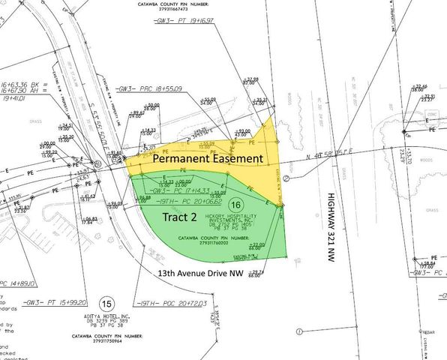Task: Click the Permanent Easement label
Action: (x=208, y=159)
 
